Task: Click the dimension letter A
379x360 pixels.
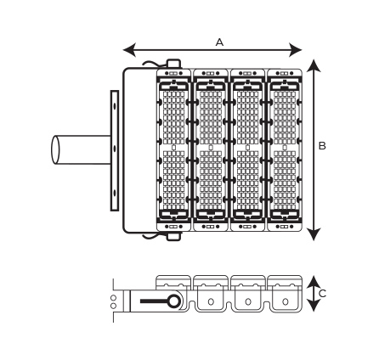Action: (219, 42)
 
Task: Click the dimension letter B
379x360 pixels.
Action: (322, 146)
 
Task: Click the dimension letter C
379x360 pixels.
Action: (323, 294)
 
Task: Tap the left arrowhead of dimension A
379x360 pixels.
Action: (129, 50)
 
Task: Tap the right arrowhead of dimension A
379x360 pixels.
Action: (296, 50)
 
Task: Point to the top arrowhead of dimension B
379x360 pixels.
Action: (314, 65)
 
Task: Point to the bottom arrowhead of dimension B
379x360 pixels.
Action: (314, 234)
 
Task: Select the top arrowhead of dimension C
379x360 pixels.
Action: (314, 282)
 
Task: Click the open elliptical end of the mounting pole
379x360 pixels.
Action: (55, 150)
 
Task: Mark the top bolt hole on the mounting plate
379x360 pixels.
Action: (115, 106)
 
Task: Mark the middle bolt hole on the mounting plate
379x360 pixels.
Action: (115, 149)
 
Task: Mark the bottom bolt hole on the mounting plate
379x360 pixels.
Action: (115, 193)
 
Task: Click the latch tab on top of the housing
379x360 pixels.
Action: (173, 64)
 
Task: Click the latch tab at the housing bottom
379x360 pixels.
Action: (173, 237)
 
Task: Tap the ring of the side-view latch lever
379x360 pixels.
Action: (173, 301)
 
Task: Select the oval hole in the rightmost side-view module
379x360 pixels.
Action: (285, 301)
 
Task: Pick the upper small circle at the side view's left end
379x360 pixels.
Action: (113, 298)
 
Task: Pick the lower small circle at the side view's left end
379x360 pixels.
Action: (113, 306)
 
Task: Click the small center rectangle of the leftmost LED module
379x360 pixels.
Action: (173, 148)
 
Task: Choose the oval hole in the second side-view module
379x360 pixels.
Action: (211, 301)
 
